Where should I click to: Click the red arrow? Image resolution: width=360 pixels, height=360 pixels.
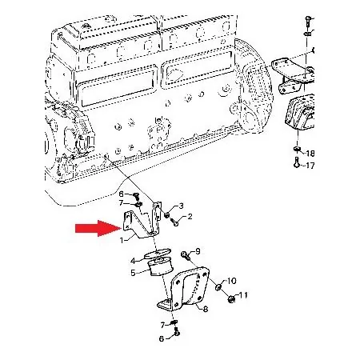98,228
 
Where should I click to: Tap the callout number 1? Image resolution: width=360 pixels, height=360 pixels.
122,241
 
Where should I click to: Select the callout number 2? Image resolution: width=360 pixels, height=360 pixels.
190,216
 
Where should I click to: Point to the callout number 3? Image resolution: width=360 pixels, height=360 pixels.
181,206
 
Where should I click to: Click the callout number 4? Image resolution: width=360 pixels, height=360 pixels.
133,261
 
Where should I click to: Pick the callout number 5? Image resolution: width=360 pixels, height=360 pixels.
133,273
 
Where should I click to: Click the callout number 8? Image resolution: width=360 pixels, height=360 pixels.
205,310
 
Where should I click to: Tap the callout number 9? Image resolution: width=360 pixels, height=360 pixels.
198,251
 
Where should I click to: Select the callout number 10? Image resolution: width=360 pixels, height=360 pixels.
231,281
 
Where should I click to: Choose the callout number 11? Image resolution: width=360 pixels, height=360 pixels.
243,295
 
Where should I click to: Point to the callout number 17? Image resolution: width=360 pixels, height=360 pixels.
310,166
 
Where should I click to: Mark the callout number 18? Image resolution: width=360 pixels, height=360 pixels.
310,154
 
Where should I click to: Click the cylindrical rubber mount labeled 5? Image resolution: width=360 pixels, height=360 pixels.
160,266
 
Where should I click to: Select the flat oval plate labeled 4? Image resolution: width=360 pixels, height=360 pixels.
158,253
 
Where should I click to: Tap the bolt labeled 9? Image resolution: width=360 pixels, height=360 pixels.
185,256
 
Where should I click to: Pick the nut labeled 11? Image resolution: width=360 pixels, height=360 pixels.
231,299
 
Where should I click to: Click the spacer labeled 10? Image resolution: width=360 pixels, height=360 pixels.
218,287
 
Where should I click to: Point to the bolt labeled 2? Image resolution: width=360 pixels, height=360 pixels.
174,222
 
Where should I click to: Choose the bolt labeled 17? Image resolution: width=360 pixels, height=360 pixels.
296,162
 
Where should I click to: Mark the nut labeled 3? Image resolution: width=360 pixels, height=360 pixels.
167,214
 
